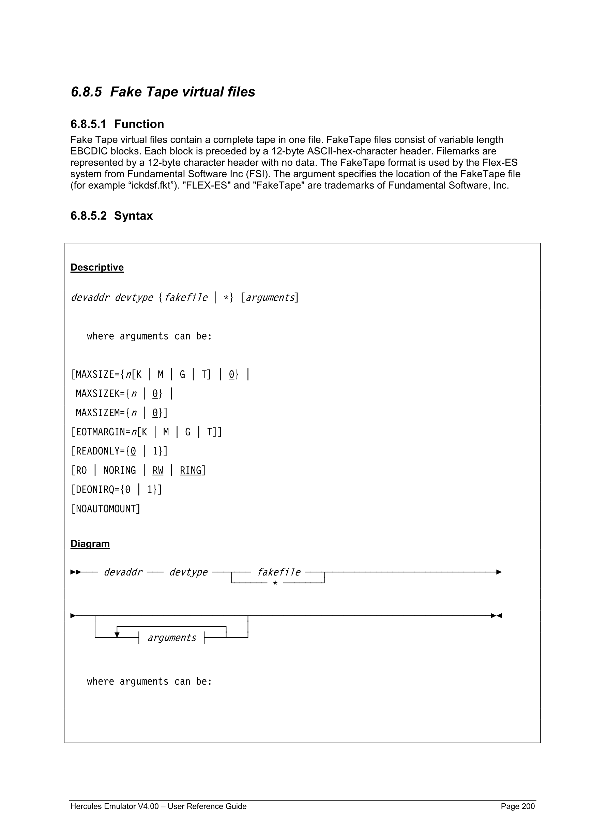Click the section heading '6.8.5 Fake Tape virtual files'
(163, 92)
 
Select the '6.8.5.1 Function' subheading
(117, 124)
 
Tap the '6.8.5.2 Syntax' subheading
(111, 215)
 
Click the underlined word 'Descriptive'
(97, 267)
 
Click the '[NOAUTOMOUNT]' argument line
(106, 509)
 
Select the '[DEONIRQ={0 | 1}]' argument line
(117, 489)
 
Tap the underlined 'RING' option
(190, 471)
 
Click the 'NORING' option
(119, 471)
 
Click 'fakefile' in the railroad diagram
(279, 572)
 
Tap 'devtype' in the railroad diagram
(188, 572)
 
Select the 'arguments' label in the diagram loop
(172, 638)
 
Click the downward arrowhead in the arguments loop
(117, 635)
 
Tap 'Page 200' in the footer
(517, 806)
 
